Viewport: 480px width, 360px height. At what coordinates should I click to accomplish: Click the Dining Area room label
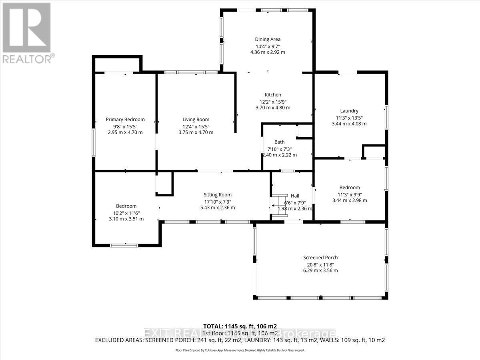268,39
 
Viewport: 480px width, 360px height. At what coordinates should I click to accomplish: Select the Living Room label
196,120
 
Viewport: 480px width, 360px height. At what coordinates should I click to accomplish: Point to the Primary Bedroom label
125,120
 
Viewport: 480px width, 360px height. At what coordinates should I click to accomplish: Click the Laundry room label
349,111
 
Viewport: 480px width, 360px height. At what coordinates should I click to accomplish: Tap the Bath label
279,142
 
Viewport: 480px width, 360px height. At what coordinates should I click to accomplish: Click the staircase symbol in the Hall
279,206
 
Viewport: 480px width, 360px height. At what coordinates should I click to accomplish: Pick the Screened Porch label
320,258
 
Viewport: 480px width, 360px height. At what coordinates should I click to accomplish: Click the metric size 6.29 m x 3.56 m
320,270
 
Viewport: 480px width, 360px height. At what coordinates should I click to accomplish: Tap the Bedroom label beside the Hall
350,188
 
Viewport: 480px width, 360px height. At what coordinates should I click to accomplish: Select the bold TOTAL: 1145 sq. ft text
240,326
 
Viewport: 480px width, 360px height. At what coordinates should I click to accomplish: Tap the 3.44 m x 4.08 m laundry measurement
349,124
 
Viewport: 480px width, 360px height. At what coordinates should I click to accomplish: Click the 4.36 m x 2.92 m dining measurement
268,52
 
